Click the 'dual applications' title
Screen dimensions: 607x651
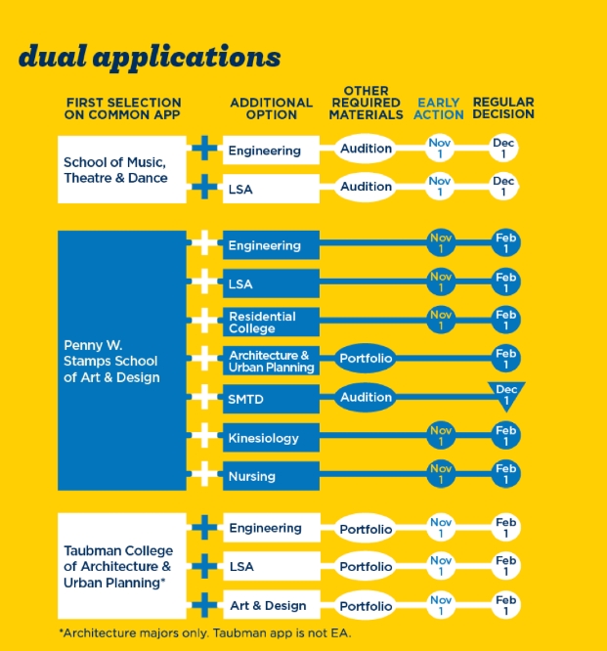(x=150, y=58)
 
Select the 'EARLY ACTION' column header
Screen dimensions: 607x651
(x=439, y=108)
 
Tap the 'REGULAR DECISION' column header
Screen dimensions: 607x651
(x=503, y=108)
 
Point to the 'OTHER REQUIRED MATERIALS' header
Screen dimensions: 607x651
(x=367, y=103)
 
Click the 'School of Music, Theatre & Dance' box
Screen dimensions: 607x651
(x=121, y=169)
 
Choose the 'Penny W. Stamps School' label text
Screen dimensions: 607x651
(x=110, y=353)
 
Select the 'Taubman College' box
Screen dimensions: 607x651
(x=121, y=566)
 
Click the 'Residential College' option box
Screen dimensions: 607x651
(x=271, y=322)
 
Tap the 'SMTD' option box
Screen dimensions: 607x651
(x=271, y=399)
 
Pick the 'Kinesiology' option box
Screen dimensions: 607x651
(x=271, y=438)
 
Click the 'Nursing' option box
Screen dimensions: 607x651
(x=271, y=476)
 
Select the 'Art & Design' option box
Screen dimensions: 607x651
(x=272, y=604)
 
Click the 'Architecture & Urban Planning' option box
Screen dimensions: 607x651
(x=271, y=361)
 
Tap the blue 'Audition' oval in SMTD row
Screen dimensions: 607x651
(x=366, y=397)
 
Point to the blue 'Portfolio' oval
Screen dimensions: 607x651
(x=366, y=359)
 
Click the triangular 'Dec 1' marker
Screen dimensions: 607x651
(x=506, y=395)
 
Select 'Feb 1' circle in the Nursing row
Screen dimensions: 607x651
(x=505, y=474)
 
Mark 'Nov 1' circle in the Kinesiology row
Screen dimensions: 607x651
(x=441, y=436)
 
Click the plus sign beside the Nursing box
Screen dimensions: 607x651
(x=204, y=474)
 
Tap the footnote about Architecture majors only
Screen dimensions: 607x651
(x=205, y=633)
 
